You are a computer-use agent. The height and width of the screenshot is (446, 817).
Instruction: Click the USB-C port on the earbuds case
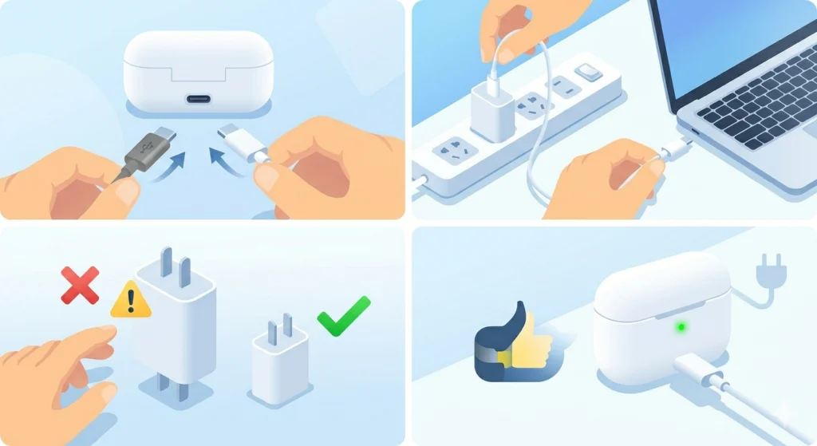[x=199, y=101]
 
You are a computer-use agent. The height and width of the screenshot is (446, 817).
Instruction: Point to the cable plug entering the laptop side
[x=679, y=147]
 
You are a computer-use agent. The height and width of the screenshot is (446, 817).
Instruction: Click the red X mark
[x=80, y=285]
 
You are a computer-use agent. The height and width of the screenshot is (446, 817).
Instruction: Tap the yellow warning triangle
[x=131, y=301]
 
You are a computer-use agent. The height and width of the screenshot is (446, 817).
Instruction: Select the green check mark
[x=344, y=315]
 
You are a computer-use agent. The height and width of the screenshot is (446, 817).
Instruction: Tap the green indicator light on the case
[x=681, y=326]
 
